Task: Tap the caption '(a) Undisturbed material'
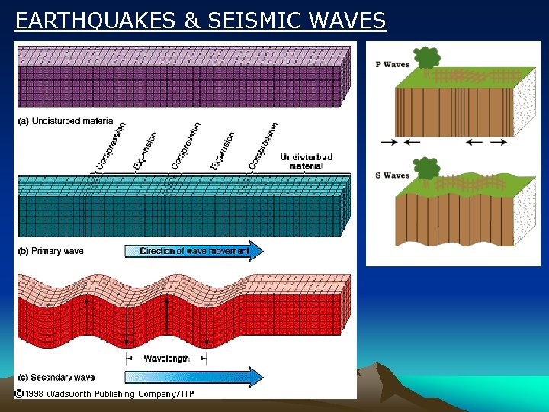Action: [66, 121]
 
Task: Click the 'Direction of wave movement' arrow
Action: [194, 251]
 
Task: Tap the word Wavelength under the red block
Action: [166, 358]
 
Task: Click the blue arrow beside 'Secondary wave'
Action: [194, 377]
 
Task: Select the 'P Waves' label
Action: [393, 65]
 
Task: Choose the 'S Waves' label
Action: [393, 175]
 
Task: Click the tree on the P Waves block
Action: [426, 58]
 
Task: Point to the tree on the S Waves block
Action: [425, 169]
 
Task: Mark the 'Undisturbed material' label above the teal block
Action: [306, 162]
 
